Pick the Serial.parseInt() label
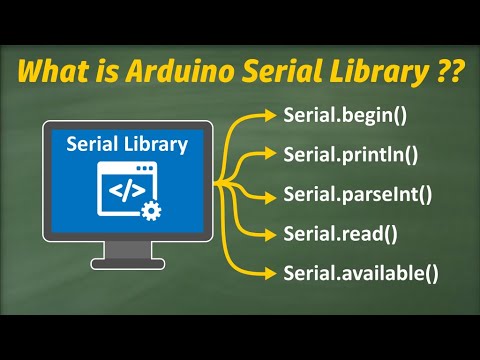coord(357,196)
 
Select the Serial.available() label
coord(359,272)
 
